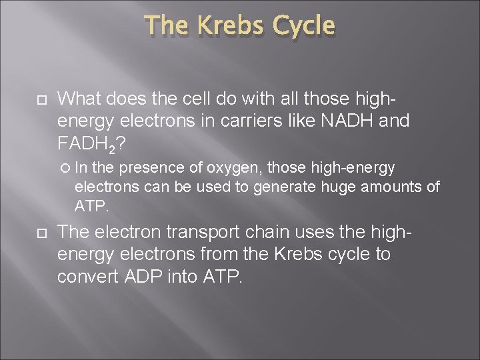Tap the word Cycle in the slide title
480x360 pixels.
click(x=301, y=26)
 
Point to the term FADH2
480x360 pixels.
click(x=84, y=143)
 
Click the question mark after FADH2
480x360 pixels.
click(x=118, y=143)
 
